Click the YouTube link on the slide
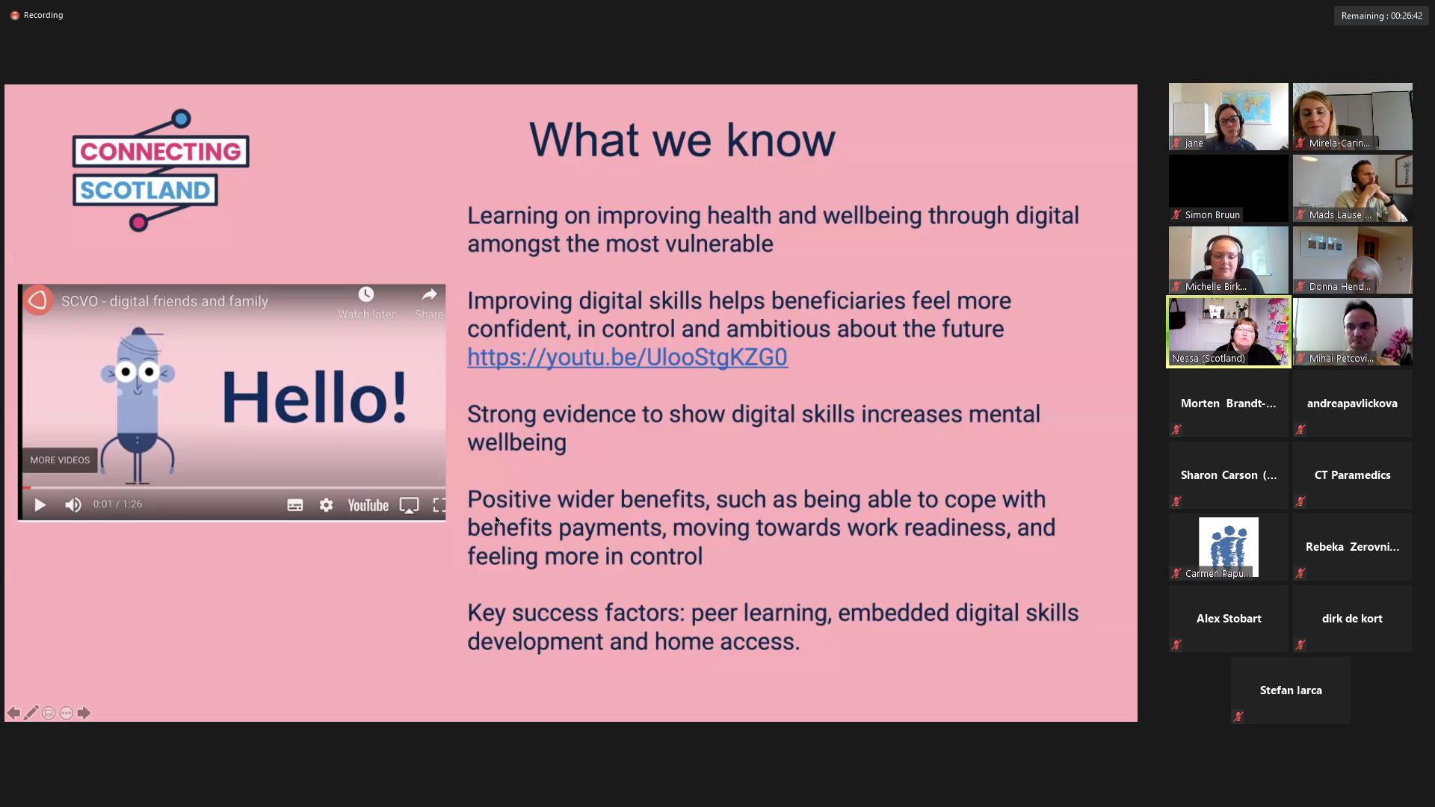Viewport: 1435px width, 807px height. click(x=627, y=357)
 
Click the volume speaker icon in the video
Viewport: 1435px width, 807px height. click(x=72, y=505)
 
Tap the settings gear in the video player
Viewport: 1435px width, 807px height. click(x=326, y=505)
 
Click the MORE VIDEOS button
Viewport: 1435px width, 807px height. click(x=60, y=460)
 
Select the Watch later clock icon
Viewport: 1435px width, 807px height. click(x=365, y=294)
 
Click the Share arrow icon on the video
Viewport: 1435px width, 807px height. click(x=429, y=294)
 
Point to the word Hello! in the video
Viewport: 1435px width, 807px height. click(x=315, y=398)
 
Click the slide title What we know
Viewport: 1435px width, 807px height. click(x=682, y=140)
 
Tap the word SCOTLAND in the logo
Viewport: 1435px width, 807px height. click(x=145, y=191)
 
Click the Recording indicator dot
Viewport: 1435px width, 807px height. click(x=14, y=15)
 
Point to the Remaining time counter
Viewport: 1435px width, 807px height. click(x=1381, y=16)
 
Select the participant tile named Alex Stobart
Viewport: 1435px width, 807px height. click(x=1228, y=619)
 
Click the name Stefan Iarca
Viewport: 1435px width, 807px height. click(x=1291, y=690)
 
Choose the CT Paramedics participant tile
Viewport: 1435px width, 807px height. click(x=1352, y=475)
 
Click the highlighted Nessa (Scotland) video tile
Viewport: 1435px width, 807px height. click(x=1228, y=332)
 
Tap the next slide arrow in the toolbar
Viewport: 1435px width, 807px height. click(x=84, y=713)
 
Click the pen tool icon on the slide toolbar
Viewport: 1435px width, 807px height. click(x=31, y=713)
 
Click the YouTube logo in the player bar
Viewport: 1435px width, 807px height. click(x=368, y=506)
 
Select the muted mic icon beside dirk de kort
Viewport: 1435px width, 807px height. click(x=1300, y=644)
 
